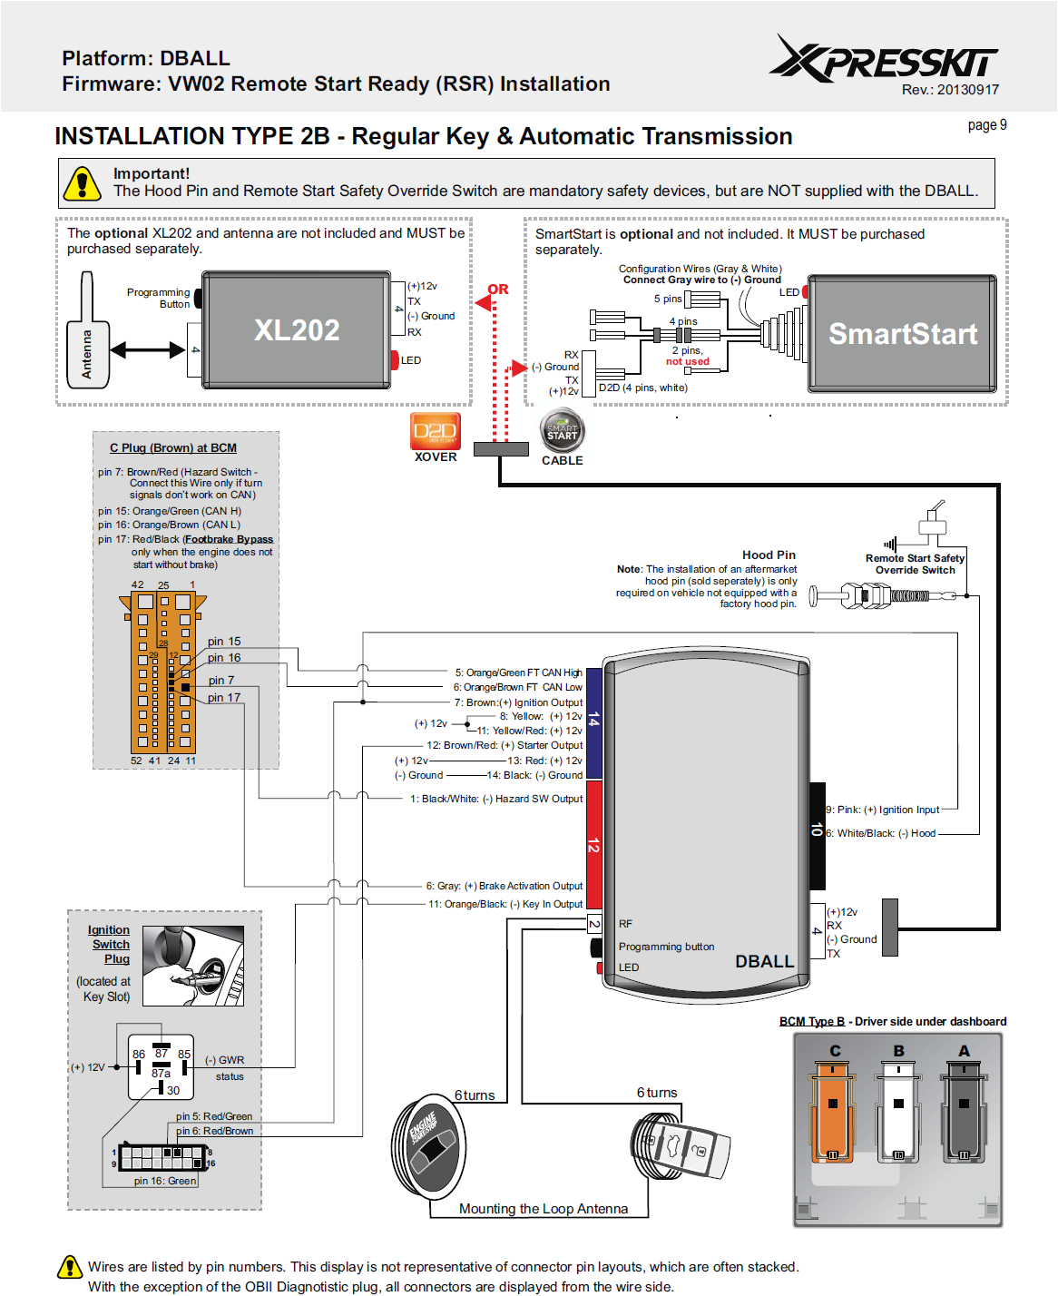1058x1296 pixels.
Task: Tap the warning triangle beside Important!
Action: coord(82,183)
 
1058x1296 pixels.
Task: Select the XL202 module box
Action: coord(296,329)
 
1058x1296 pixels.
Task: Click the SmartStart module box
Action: coord(902,333)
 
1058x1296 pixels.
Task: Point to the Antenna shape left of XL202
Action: coord(87,340)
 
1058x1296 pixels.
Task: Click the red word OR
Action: coord(498,290)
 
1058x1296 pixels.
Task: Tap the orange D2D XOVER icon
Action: coord(436,431)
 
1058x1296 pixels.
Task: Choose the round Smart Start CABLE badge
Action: coord(563,432)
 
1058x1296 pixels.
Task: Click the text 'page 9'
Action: coord(987,125)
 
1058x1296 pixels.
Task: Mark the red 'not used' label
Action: coord(688,361)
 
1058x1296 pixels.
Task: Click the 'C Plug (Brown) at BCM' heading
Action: coord(173,447)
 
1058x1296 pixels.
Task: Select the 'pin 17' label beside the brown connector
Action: coord(224,698)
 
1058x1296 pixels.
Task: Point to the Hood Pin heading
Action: coord(769,555)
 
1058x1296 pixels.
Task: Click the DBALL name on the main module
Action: coord(764,961)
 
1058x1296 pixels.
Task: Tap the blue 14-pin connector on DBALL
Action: coord(594,722)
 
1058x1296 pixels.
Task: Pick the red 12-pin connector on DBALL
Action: coord(594,844)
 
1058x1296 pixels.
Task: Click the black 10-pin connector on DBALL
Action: coord(817,835)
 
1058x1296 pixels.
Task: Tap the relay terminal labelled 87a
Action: coord(161,1074)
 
